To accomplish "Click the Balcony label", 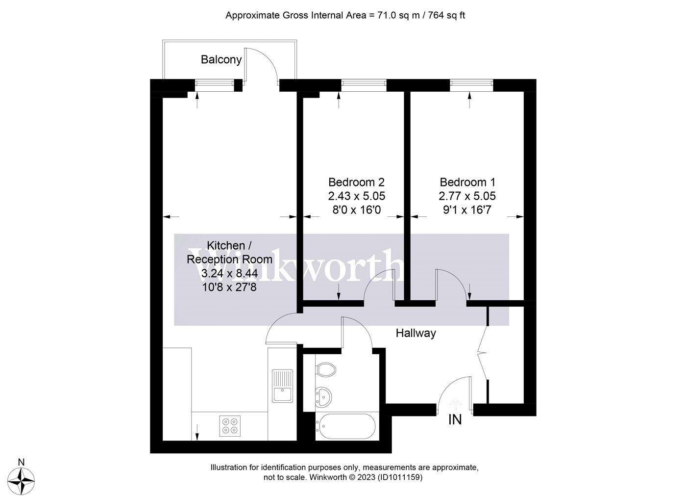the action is [221, 59].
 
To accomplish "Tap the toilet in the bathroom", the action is [325, 369].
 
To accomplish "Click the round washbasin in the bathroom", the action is [323, 397].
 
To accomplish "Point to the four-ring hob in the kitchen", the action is [230, 426].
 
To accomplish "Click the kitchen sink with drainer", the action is [282, 386].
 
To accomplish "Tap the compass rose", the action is [21, 481].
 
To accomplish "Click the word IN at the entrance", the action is [455, 420].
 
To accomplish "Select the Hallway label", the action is [416, 333].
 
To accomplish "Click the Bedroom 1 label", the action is [467, 182].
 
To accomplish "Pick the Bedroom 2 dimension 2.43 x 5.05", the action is [357, 196].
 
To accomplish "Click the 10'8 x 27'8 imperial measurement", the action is [229, 287].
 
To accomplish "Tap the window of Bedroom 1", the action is [471, 83].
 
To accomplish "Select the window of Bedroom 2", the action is [364, 83].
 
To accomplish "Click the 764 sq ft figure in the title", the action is [446, 15].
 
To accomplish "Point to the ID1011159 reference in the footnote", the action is [400, 477].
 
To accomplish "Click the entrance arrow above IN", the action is [455, 404].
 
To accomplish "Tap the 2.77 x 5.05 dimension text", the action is [467, 196].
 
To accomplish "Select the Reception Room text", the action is [229, 260].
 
